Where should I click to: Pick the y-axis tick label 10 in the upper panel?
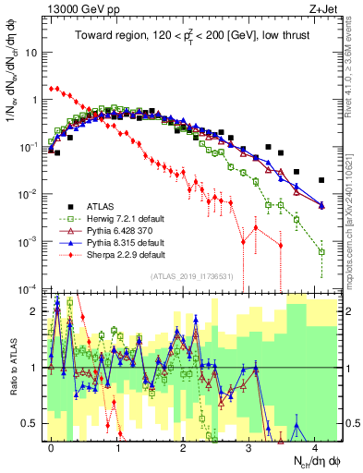pyautogui.click(x=30, y=52)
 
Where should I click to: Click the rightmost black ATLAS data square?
pyautogui.click(x=321, y=180)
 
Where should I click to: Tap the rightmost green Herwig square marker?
pyautogui.click(x=321, y=251)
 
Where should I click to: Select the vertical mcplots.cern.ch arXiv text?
pyautogui.click(x=355, y=185)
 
